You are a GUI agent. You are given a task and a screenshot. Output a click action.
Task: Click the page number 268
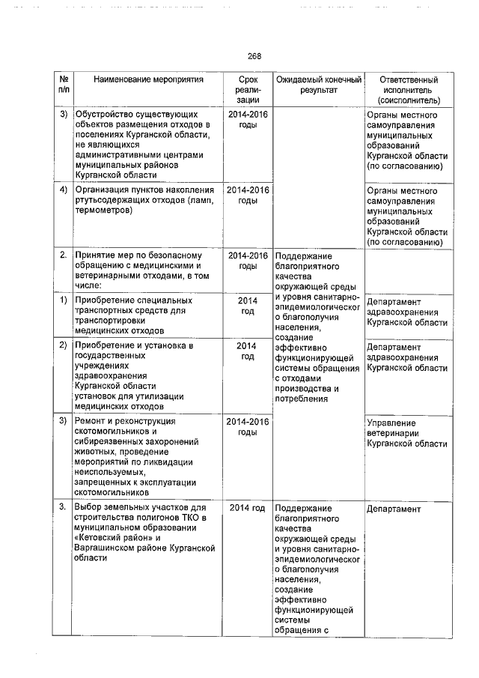pyautogui.click(x=254, y=56)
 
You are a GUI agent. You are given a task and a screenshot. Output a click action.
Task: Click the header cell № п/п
pyautogui.click(x=63, y=85)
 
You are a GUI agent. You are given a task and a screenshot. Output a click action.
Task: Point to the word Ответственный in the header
pyautogui.click(x=409, y=79)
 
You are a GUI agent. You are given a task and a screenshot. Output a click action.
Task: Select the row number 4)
pyautogui.click(x=63, y=190)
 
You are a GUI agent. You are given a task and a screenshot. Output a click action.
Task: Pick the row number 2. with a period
pyautogui.click(x=63, y=256)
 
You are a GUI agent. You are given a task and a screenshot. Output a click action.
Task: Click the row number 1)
pyautogui.click(x=63, y=300)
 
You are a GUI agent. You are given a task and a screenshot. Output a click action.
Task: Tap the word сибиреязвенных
pyautogui.click(x=112, y=443)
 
